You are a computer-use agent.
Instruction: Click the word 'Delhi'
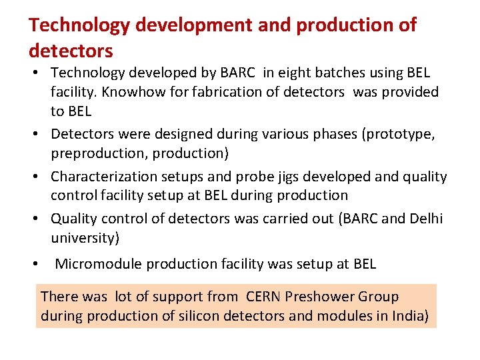[423, 219]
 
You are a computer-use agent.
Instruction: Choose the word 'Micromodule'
[98, 264]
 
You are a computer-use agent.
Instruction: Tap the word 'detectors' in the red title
[71, 51]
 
